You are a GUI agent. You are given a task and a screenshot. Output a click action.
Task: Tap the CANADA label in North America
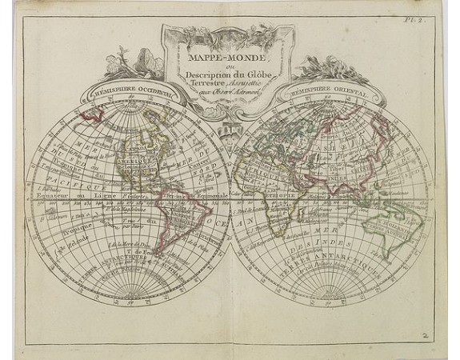(128, 147)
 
